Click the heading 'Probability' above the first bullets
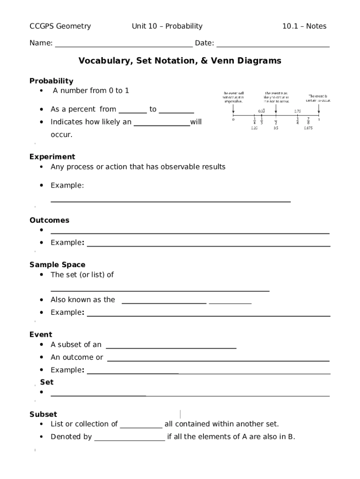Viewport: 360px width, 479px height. [51, 81]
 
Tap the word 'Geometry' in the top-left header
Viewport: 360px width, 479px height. [73, 26]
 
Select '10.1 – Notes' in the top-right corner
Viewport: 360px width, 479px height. [304, 26]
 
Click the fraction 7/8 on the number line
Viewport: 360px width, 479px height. [309, 121]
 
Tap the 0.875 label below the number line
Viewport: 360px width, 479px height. [308, 128]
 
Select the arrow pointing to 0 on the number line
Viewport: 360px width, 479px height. [233, 109]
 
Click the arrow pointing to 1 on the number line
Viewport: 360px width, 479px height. [319, 109]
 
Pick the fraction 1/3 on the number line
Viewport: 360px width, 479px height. [261, 121]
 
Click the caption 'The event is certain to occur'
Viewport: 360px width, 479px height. [318, 97]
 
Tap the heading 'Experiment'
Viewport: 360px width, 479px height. [52, 157]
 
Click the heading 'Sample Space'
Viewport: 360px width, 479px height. [58, 265]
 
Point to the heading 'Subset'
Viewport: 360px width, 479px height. [43, 414]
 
